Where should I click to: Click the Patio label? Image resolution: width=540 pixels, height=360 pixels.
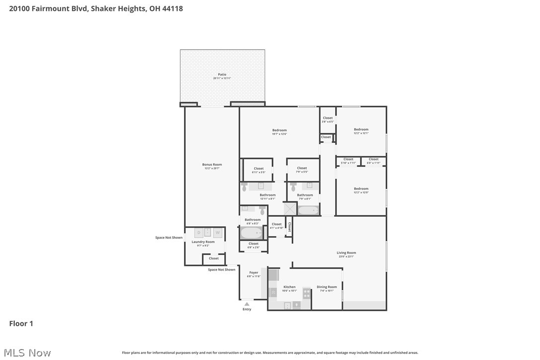(222, 75)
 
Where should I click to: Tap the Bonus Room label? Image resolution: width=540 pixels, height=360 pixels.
(212, 165)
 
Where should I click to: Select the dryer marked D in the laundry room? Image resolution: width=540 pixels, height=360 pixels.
(198, 233)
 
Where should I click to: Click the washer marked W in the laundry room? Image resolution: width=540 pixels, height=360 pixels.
(217, 233)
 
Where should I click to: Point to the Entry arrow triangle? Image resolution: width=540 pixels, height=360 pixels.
(247, 304)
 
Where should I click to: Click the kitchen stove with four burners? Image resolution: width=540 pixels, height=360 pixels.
(307, 293)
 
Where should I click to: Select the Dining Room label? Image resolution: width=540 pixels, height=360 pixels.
(327, 287)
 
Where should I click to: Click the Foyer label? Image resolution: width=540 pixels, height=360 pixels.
(254, 272)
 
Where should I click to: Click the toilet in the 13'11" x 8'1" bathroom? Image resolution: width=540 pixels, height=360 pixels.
(244, 187)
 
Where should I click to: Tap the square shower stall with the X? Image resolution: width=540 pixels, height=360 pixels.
(290, 208)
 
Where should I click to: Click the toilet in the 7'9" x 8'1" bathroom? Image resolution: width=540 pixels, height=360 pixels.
(293, 187)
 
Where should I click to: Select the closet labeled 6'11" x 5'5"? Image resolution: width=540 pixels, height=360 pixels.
(259, 169)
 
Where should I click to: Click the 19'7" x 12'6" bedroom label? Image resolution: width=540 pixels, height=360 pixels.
(279, 130)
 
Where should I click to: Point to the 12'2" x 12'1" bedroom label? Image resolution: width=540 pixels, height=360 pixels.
(361, 130)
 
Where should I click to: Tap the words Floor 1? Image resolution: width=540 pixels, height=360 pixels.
(21, 324)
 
